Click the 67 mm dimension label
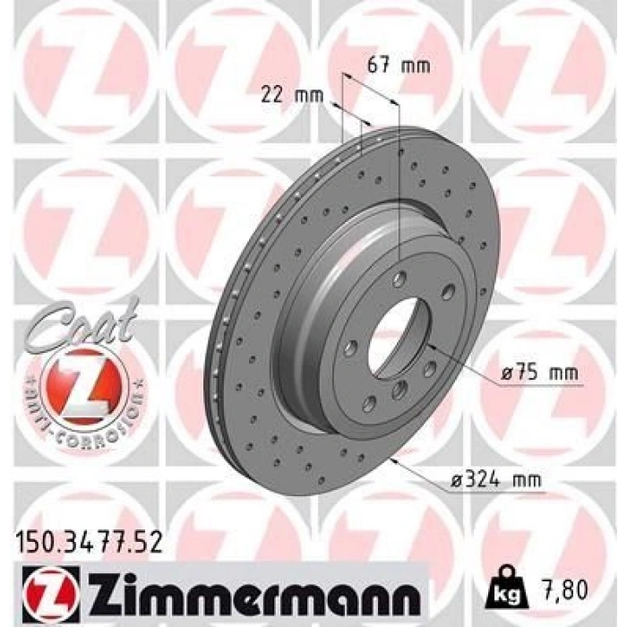click(x=399, y=65)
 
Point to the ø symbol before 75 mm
click(x=502, y=373)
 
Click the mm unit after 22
click(x=305, y=93)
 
